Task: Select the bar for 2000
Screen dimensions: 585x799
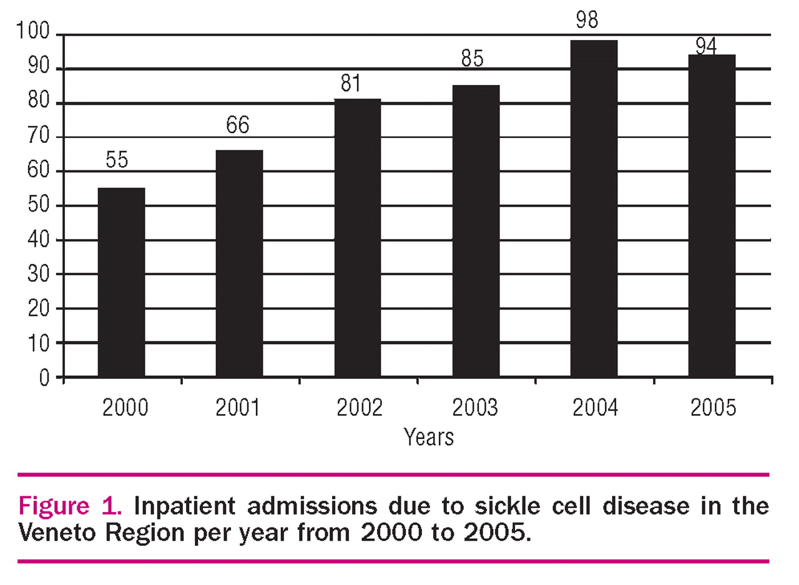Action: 122,282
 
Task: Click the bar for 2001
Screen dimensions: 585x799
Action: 239,263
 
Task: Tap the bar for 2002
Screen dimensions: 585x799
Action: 358,238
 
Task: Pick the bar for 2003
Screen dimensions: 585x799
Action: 476,231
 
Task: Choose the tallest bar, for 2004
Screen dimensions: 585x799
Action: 594,209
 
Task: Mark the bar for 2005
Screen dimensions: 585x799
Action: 712,215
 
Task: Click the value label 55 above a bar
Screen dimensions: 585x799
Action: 117,160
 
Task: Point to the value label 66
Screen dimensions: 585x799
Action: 238,125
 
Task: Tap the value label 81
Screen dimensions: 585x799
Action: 351,84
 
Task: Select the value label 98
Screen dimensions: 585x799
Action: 587,20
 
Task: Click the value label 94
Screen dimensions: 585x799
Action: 706,46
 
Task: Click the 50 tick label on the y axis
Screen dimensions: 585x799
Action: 41,206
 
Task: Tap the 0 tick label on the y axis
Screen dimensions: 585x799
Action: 44,378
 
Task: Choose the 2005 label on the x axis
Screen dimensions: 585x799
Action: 713,408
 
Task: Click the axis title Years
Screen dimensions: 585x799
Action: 428,437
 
